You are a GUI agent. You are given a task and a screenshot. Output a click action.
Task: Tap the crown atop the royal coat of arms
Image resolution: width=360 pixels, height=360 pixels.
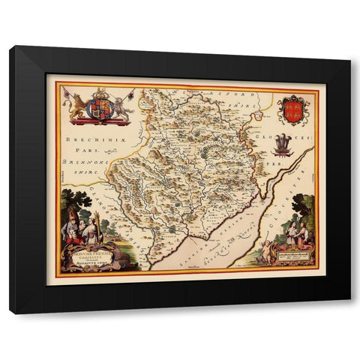point(99,94)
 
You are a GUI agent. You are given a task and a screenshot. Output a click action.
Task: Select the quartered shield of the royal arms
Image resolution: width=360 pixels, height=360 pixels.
point(99,108)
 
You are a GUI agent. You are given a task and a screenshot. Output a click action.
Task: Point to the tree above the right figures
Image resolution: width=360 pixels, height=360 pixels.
point(303,205)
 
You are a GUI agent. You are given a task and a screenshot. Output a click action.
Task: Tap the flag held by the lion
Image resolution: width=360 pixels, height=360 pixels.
point(68,93)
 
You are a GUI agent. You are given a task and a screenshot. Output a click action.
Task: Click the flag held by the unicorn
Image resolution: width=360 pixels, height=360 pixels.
point(131,92)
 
